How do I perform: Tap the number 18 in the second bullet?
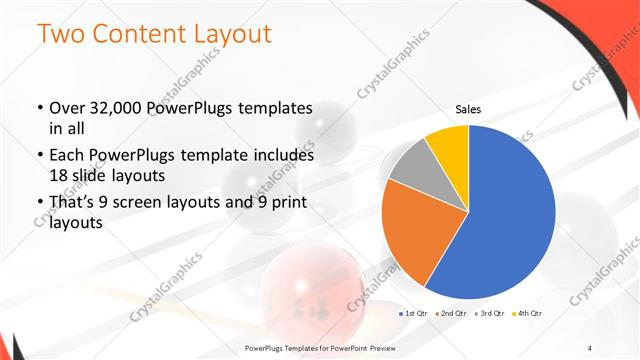pos(59,174)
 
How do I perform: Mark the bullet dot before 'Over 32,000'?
pos(39,108)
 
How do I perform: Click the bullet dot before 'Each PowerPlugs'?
pos(39,156)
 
